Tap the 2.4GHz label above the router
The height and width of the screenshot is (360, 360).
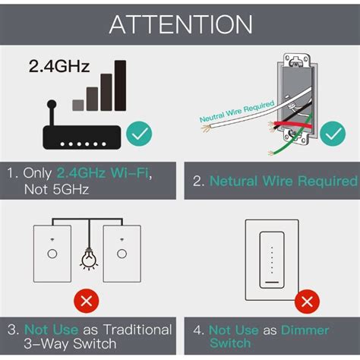pos(60,66)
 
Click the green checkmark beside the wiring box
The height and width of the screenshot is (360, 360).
pos(332,134)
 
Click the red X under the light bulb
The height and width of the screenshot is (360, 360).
pos(87,302)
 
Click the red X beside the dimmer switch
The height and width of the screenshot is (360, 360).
pos(307,302)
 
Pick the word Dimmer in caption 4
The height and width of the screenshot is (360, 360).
pos(305,330)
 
